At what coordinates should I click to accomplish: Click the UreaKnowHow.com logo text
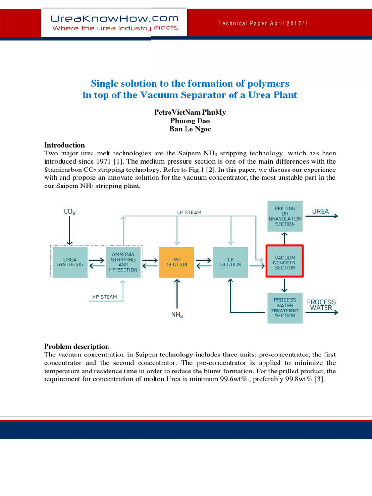[x=115, y=19]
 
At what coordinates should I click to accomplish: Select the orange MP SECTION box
[x=176, y=262]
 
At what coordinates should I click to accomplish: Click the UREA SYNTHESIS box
[x=70, y=262]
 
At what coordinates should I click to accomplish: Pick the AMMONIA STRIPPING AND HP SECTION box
[x=123, y=262]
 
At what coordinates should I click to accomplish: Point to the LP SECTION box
[x=230, y=262]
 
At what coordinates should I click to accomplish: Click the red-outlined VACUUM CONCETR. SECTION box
[x=285, y=262]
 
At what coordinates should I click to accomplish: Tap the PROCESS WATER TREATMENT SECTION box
[x=285, y=308]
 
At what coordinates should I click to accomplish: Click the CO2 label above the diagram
[x=70, y=211]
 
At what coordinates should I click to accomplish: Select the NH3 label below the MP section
[x=177, y=315]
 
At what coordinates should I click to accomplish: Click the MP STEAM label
[x=104, y=296]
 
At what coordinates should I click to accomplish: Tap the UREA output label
[x=321, y=211]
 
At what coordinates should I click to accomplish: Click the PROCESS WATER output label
[x=321, y=305]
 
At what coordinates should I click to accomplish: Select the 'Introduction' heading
[x=64, y=145]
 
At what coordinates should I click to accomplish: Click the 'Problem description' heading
[x=77, y=346]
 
